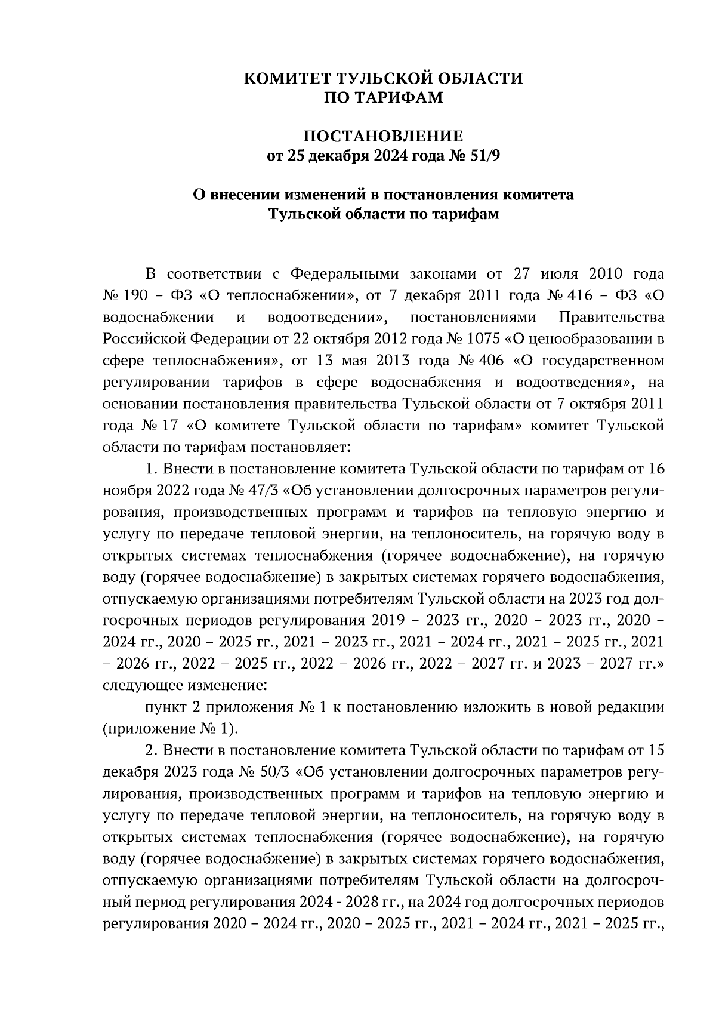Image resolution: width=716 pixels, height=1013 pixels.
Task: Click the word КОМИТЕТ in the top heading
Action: click(x=288, y=78)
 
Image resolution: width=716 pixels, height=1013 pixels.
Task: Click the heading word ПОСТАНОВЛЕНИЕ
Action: click(x=384, y=137)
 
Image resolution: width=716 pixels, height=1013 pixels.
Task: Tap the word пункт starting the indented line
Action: click(x=165, y=707)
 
